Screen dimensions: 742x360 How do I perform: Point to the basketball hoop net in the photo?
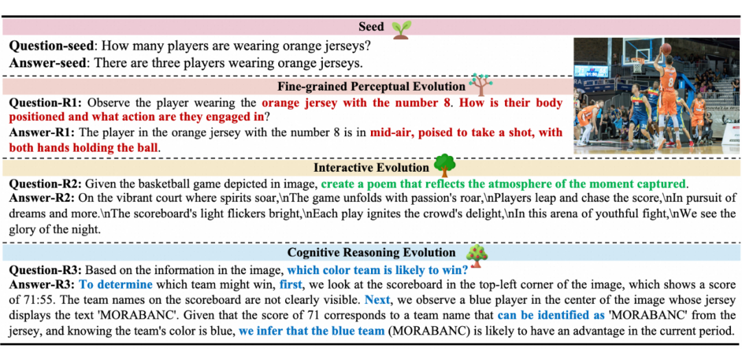[639, 66]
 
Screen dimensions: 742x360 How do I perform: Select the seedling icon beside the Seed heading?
[401, 28]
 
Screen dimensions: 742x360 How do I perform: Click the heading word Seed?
[372, 28]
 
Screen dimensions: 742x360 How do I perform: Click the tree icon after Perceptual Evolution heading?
[479, 85]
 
